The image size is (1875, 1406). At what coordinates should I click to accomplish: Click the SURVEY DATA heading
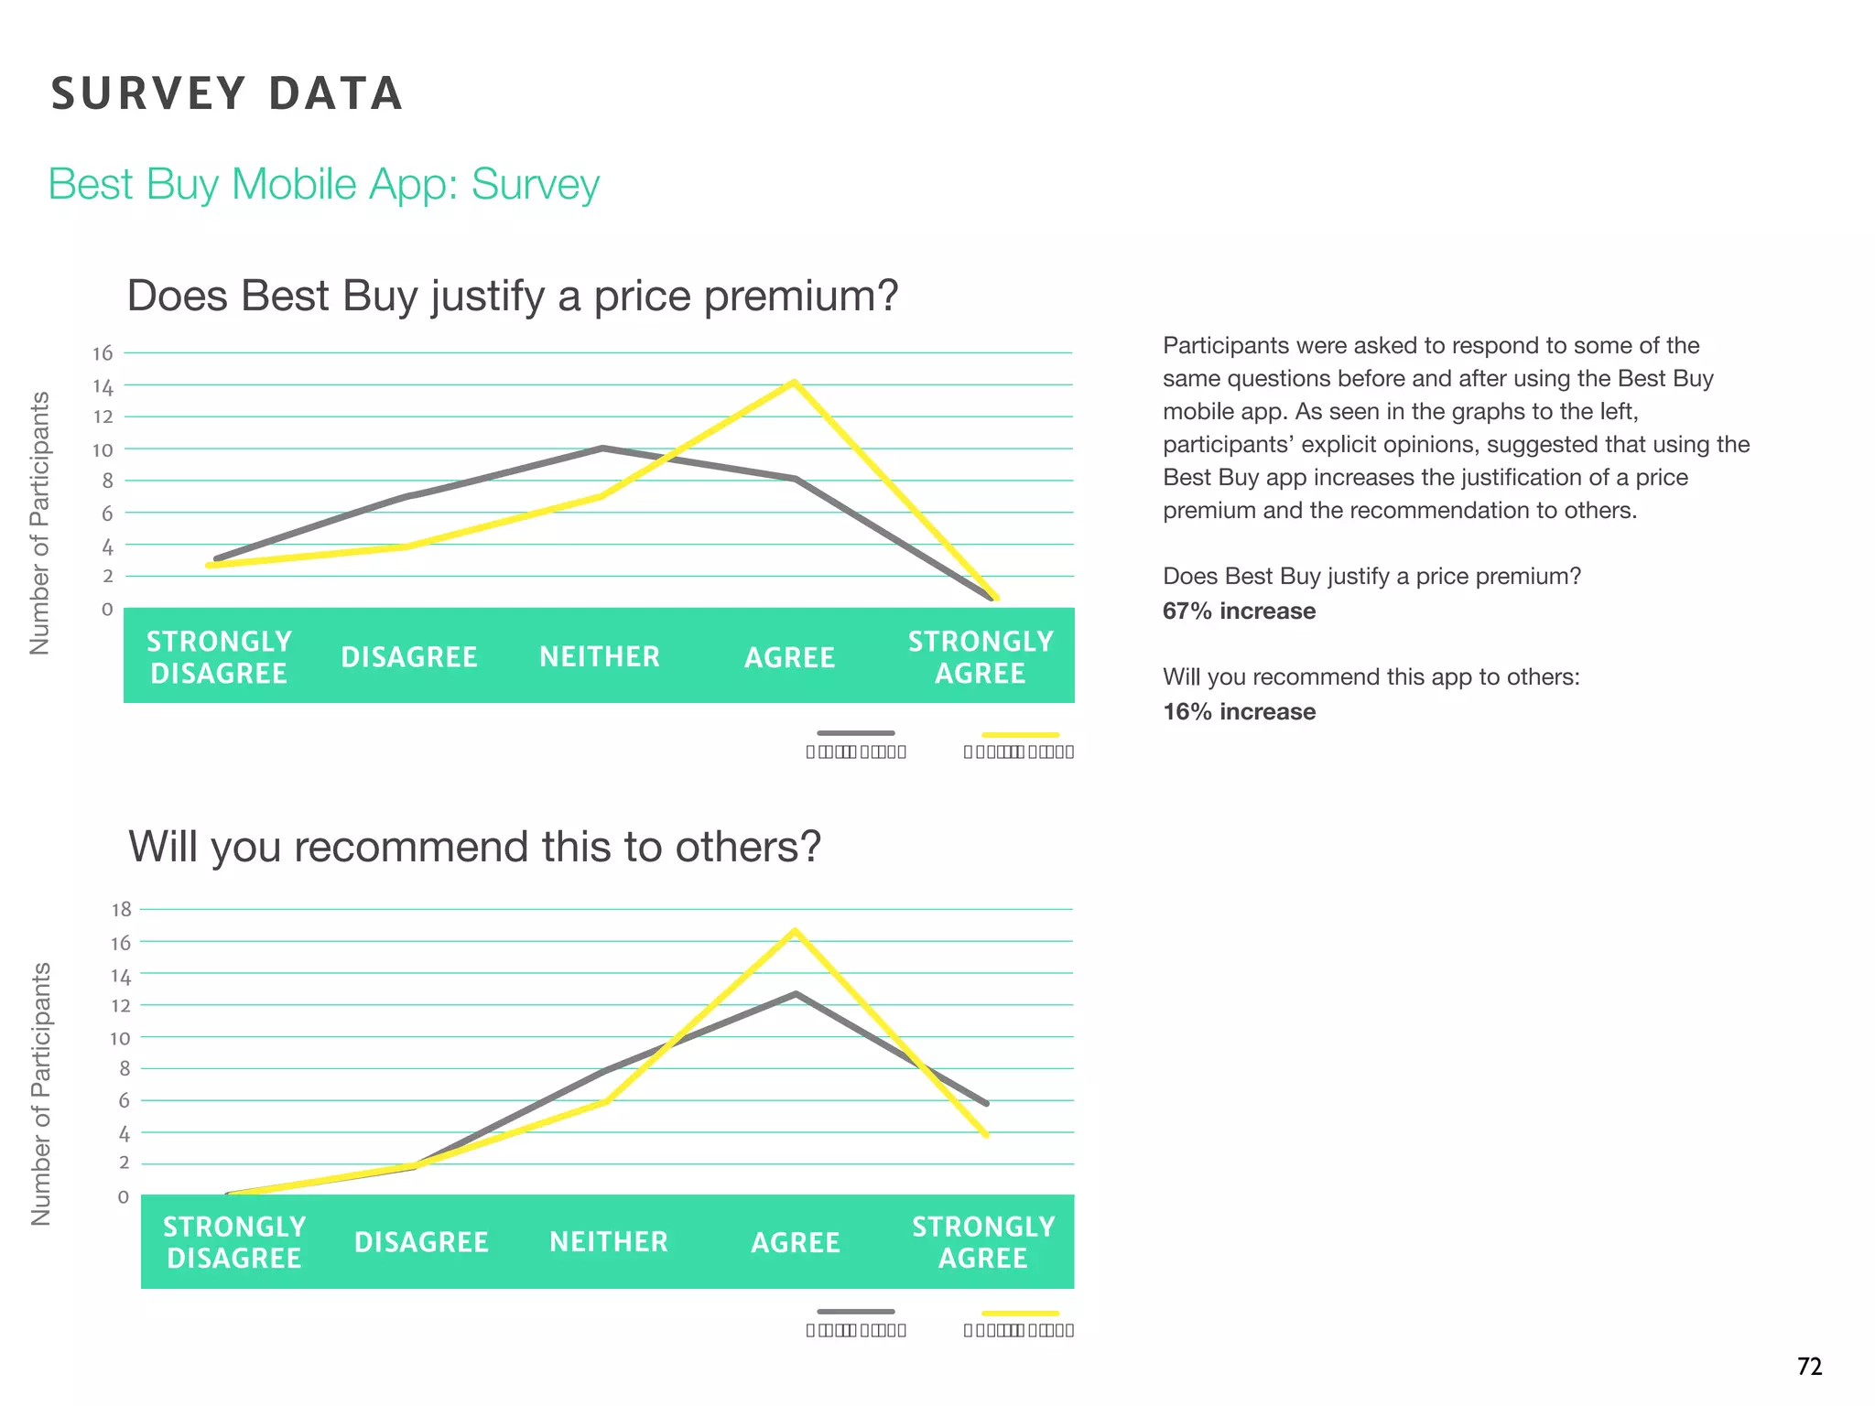227,93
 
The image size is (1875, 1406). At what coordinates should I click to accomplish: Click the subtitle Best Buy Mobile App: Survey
323,184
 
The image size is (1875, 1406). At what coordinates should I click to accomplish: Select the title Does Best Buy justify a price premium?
512,296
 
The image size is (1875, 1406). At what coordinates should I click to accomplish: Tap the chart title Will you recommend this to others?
474,846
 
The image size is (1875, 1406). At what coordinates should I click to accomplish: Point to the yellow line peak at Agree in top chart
794,383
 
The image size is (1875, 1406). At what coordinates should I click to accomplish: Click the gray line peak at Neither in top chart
602,448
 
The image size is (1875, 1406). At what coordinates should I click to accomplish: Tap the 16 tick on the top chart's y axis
103,353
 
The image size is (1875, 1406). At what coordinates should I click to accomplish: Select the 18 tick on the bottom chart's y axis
121,909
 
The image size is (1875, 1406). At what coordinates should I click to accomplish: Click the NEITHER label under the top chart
600,656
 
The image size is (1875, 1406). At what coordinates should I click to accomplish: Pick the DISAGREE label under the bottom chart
421,1242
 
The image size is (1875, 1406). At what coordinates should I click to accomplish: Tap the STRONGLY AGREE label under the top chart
981,657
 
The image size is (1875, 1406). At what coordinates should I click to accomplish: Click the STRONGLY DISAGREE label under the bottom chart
234,1242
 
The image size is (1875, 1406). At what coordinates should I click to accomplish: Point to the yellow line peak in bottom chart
795,931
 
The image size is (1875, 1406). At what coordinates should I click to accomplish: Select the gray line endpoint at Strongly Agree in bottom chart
986,1103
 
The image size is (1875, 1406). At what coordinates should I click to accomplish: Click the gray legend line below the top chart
855,733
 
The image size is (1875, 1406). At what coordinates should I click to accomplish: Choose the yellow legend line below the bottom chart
1019,1313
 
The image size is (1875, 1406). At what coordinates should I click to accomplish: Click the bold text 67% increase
1239,611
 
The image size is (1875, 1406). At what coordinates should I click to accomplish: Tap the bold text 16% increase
1239,711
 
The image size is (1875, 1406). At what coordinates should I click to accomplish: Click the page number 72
1809,1367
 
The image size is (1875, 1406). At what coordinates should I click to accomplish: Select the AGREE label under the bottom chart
795,1242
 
